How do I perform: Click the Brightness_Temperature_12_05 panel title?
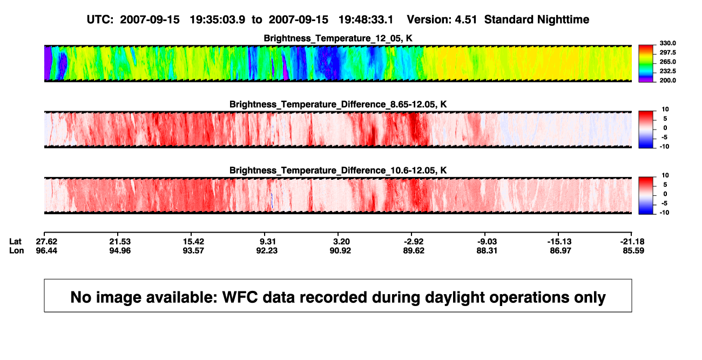(x=338, y=38)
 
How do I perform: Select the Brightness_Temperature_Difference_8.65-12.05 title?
(x=338, y=104)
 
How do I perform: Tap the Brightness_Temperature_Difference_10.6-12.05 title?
(x=338, y=171)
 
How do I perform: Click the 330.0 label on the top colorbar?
(x=667, y=43)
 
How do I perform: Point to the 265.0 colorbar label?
(x=667, y=62)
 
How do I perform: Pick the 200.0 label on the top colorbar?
(x=667, y=80)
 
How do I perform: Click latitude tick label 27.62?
(x=46, y=242)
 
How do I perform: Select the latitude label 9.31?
(x=267, y=242)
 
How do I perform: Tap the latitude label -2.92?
(x=414, y=242)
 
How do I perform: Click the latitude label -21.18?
(x=632, y=242)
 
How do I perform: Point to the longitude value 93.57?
(x=193, y=250)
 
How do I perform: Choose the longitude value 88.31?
(x=487, y=250)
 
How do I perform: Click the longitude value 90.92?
(x=340, y=250)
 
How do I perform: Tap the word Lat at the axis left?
(x=15, y=242)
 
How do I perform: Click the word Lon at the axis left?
(x=17, y=250)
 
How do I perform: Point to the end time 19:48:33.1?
(x=366, y=20)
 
